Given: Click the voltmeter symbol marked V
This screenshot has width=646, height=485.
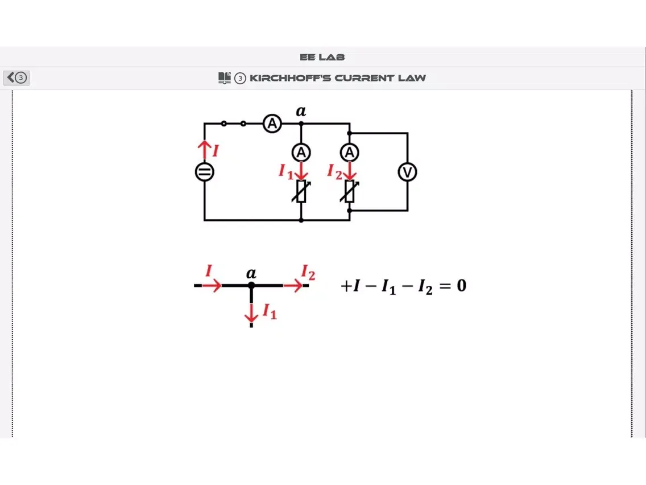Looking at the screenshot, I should click(x=407, y=172).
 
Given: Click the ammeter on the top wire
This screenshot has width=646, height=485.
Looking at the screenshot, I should click(x=272, y=124).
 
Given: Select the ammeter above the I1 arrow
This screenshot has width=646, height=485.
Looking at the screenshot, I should click(x=301, y=153).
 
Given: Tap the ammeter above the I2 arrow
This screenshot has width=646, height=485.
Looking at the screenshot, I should click(x=350, y=153).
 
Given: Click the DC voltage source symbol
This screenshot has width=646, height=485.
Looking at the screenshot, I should click(x=205, y=172).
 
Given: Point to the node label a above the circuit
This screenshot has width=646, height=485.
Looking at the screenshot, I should click(x=301, y=111).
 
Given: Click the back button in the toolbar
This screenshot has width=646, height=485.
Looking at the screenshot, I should click(x=16, y=78).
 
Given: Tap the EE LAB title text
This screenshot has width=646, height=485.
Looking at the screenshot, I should click(x=322, y=57).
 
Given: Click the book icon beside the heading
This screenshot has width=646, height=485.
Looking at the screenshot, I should click(x=225, y=78).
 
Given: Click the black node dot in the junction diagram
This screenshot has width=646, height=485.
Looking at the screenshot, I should click(x=251, y=285).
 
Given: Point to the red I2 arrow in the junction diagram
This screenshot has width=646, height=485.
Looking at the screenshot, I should click(x=293, y=286).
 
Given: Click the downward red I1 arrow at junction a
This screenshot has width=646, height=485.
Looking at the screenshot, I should click(x=251, y=312).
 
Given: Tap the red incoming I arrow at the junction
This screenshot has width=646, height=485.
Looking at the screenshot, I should click(x=211, y=286).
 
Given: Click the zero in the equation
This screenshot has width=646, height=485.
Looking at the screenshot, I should click(x=461, y=285).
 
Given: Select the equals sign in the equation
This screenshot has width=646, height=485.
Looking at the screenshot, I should click(x=444, y=286).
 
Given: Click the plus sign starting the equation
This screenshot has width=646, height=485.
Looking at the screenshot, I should click(x=346, y=286).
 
